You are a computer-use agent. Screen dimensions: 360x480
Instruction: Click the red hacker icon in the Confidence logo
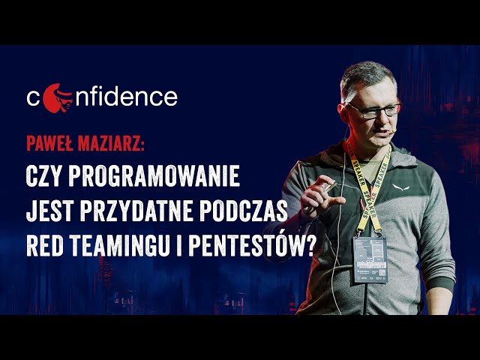tap(54, 97)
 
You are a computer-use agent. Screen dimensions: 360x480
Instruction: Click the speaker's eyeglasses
tap(373, 110)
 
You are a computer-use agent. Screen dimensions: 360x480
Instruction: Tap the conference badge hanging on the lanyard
tap(370, 259)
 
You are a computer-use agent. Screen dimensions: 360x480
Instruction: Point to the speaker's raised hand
tap(324, 191)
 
